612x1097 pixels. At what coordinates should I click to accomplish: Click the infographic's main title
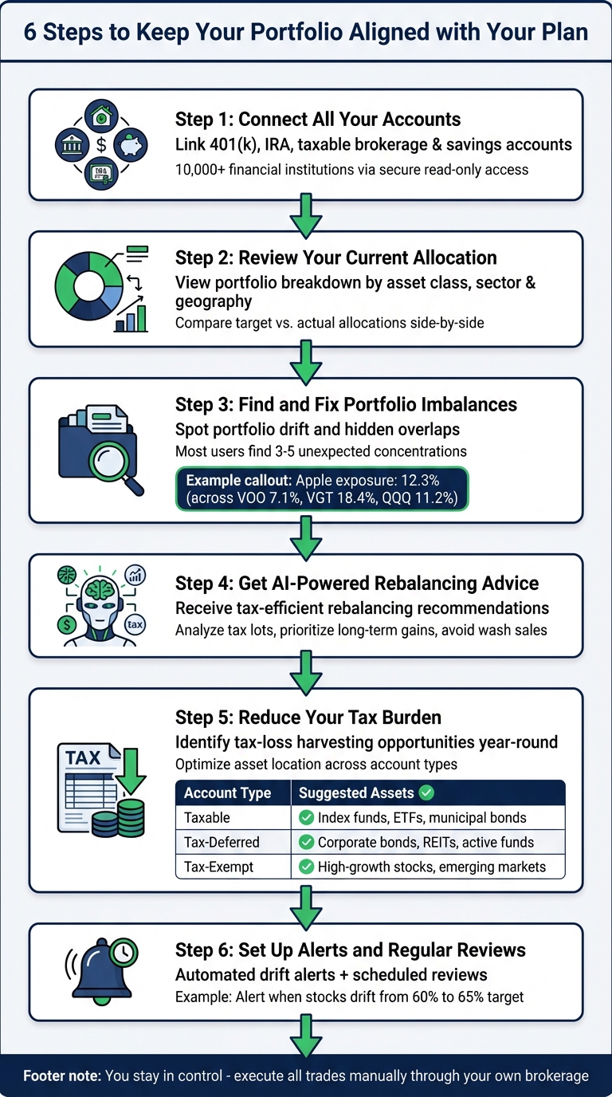306,32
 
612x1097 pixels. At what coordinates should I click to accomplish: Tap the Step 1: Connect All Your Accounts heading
317,120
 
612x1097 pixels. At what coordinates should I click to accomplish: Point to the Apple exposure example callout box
322,489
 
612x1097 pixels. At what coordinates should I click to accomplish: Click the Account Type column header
227,793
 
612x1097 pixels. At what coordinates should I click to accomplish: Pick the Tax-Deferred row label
222,842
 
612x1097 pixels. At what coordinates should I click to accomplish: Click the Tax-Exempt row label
219,867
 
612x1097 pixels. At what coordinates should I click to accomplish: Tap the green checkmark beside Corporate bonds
304,842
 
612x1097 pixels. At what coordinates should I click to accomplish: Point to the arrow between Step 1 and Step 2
306,215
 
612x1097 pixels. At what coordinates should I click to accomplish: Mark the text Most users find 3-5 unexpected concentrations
320,452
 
